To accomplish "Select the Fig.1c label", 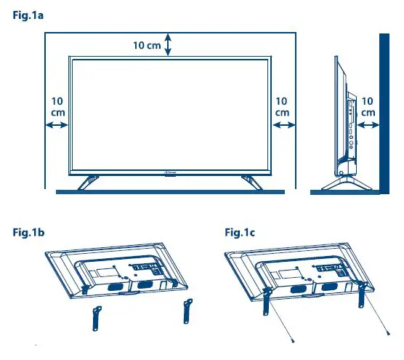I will [x=239, y=233].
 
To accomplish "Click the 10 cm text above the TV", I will [x=148, y=46].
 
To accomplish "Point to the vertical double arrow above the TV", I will [x=169, y=44].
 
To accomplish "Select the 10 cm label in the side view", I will [x=368, y=107].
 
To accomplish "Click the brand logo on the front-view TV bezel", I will [x=169, y=173].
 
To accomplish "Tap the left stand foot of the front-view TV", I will [x=90, y=182].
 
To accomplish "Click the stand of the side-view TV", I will [x=344, y=179].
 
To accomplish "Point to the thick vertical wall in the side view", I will [x=383, y=109].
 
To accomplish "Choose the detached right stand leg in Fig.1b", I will [x=185, y=312].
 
